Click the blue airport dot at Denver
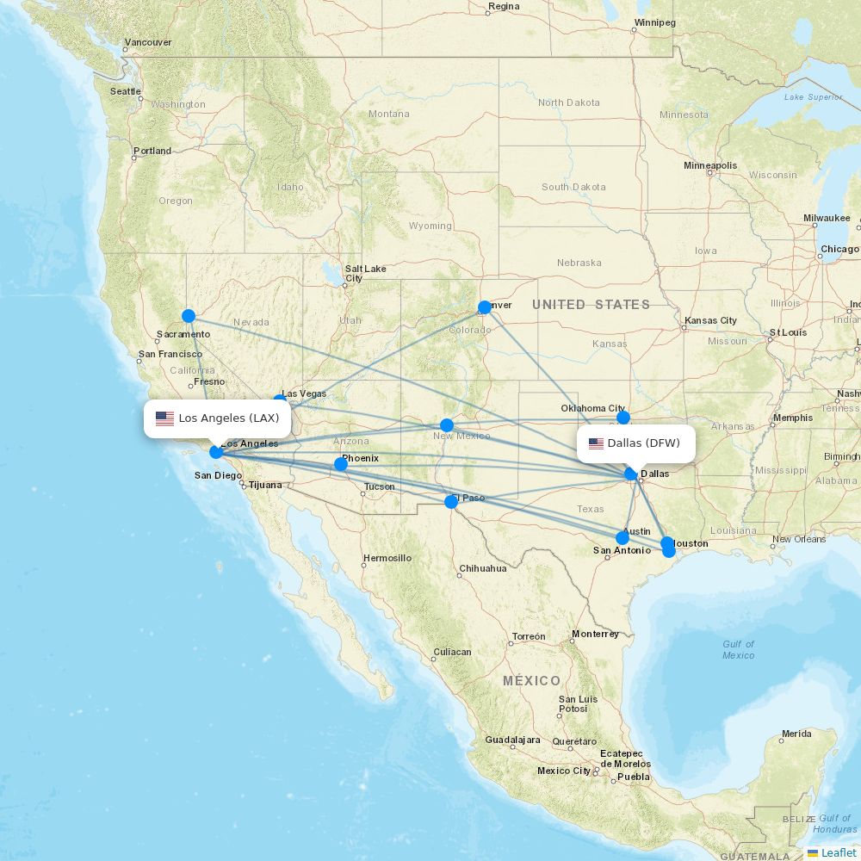(485, 307)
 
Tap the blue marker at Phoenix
(341, 464)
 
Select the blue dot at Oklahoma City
(623, 418)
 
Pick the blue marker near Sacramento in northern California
(189, 316)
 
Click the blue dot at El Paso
(450, 502)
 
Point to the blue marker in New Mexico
(447, 424)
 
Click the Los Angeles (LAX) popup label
(217, 418)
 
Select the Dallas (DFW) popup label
(635, 443)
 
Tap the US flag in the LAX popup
(164, 418)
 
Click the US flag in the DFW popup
(596, 443)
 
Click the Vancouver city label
(148, 42)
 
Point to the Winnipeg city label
(655, 22)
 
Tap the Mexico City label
(564, 771)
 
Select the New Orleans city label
(798, 540)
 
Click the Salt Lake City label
(365, 273)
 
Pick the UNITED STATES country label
(591, 304)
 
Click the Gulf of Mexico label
(738, 649)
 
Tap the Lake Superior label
(813, 97)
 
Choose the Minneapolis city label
(710, 165)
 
